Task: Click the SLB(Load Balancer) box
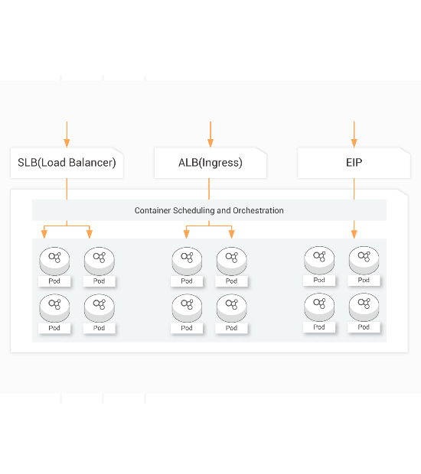[67, 163]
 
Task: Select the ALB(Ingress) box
[210, 163]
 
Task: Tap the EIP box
[354, 163]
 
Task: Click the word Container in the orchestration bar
[152, 210]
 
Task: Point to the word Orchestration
[258, 210]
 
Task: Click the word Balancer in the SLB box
[93, 163]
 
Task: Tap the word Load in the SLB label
[54, 163]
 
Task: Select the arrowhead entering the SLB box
[67, 143]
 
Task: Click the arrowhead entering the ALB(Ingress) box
[210, 143]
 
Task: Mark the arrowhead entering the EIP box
[354, 143]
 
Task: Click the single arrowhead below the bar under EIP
[354, 234]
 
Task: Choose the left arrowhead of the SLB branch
[44, 234]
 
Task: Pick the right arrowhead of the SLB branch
[90, 234]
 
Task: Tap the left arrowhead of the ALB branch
[187, 234]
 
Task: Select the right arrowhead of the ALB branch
[231, 234]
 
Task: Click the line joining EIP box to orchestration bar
[354, 189]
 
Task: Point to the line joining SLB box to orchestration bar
[67, 189]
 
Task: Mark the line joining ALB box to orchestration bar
[209, 189]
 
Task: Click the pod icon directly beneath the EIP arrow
[364, 260]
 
